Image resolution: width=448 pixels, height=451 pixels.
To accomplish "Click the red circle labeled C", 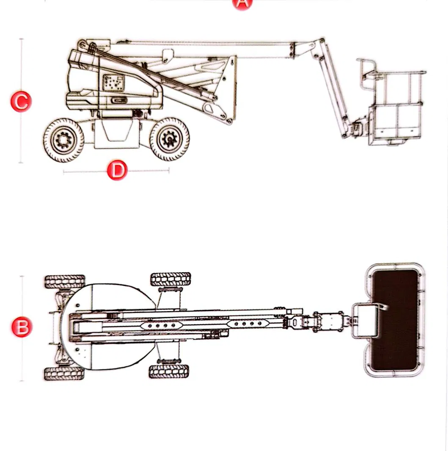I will point(21,102).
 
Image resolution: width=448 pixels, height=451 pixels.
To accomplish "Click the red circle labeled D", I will point(117,171).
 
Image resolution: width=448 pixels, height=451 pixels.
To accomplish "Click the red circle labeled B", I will point(21,328).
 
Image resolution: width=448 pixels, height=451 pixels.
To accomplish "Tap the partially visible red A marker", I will point(242,3).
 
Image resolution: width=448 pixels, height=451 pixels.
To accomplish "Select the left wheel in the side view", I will point(63,139).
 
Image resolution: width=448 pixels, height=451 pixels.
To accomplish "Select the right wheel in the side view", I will point(169,139).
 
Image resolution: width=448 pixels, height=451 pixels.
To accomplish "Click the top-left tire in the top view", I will point(65,282).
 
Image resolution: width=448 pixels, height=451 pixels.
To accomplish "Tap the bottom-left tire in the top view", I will point(64,374).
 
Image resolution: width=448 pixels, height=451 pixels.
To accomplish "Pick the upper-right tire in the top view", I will point(170,279).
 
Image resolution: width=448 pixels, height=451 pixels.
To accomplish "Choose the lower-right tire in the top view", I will point(169,371).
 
